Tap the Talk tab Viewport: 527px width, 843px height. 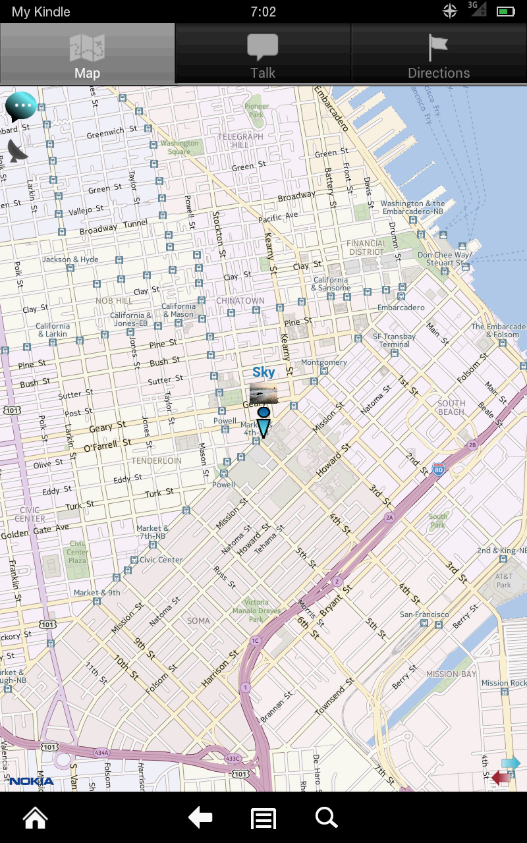tap(263, 54)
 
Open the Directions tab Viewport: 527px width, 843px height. tap(439, 54)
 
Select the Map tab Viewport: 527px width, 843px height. tap(87, 54)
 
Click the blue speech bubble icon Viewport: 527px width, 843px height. tap(20, 105)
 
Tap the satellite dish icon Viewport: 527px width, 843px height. tap(18, 151)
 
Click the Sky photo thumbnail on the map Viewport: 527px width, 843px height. tap(263, 393)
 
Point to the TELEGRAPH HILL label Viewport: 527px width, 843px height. tap(240, 140)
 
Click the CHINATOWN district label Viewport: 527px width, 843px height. tap(240, 301)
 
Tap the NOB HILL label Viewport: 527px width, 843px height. tap(114, 301)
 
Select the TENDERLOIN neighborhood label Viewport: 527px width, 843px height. tap(156, 461)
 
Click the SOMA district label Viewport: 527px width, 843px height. tap(198, 620)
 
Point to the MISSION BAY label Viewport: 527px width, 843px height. tap(451, 674)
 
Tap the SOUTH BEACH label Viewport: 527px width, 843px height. tap(451, 408)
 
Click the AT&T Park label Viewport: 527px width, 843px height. tap(504, 580)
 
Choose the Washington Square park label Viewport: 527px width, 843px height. tap(179, 148)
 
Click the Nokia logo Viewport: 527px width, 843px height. tap(31, 782)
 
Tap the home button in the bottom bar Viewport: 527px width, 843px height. tap(36, 818)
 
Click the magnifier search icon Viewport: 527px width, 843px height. tap(326, 818)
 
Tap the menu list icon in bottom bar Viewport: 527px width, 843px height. tap(263, 819)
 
